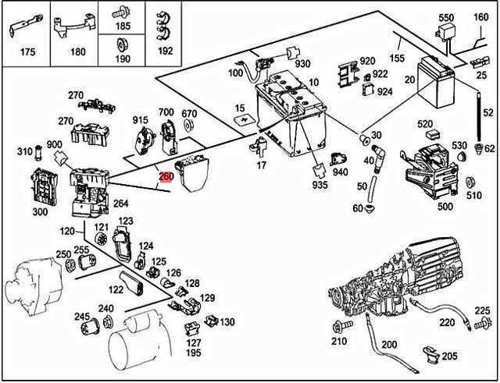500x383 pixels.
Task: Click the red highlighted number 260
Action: pos(166,176)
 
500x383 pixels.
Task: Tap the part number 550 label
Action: pos(446,18)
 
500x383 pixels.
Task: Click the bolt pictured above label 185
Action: pos(122,12)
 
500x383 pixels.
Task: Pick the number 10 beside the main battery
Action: pos(313,82)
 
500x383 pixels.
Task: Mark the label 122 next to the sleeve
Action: pos(116,289)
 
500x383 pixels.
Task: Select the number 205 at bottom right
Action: pos(449,356)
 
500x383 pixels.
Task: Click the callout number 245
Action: pos(81,317)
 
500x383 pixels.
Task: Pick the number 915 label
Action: pos(140,119)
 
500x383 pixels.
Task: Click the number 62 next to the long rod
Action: pos(490,148)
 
